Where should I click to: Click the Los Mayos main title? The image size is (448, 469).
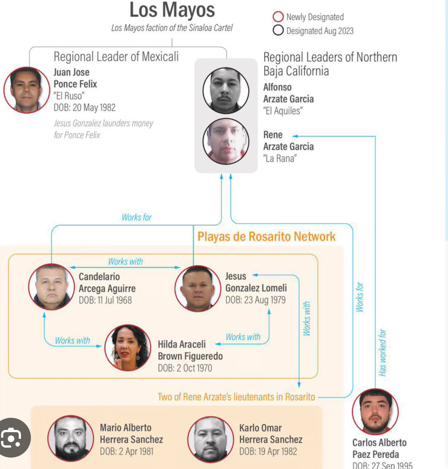(172, 10)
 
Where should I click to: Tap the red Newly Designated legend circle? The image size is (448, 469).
(278, 16)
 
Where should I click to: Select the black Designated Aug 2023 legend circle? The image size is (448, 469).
(278, 30)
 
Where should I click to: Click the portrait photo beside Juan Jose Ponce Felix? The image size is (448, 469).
(26, 90)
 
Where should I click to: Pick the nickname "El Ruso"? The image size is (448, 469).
(69, 96)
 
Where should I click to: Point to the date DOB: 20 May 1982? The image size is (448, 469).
(85, 108)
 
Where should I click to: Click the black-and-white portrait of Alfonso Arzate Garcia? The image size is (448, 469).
(225, 91)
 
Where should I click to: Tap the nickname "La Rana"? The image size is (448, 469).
(280, 158)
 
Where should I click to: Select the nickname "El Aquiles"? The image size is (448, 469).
(283, 111)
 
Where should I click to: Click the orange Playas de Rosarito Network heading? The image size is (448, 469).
(266, 237)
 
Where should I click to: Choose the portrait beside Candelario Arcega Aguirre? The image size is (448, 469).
(51, 287)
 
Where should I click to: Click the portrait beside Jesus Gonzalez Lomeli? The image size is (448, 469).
(198, 288)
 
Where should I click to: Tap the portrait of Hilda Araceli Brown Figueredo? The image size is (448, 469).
(128, 347)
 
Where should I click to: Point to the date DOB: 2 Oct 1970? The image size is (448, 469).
(185, 368)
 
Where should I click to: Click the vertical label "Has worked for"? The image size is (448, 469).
(382, 353)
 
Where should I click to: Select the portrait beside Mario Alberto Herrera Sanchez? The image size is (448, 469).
(71, 438)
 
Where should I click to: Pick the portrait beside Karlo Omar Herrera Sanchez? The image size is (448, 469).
(210, 440)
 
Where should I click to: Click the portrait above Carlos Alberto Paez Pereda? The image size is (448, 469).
(375, 412)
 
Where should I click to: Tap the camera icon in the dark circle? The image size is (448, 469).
(11, 437)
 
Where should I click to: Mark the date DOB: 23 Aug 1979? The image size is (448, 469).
(255, 300)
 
